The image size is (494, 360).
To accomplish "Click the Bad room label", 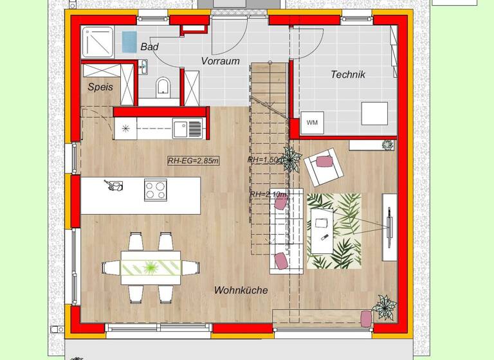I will [x=149, y=47].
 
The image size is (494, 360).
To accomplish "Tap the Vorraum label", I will [x=220, y=62].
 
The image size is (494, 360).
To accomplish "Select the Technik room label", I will [x=347, y=75].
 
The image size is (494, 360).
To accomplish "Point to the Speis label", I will [x=100, y=87].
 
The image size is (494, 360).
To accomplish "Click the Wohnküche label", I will [x=241, y=291].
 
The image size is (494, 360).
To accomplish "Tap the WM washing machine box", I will [x=313, y=122].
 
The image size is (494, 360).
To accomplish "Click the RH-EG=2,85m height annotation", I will [x=192, y=161].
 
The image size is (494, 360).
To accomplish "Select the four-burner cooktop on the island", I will [x=155, y=190].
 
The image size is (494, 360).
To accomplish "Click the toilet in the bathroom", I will [x=163, y=85].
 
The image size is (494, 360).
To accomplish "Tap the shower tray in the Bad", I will [x=98, y=40].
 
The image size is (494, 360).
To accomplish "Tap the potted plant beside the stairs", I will [x=291, y=158].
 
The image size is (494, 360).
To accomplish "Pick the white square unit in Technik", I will [x=374, y=113].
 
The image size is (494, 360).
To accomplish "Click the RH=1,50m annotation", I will [x=264, y=160].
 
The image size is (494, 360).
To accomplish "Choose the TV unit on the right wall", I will [x=389, y=227].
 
